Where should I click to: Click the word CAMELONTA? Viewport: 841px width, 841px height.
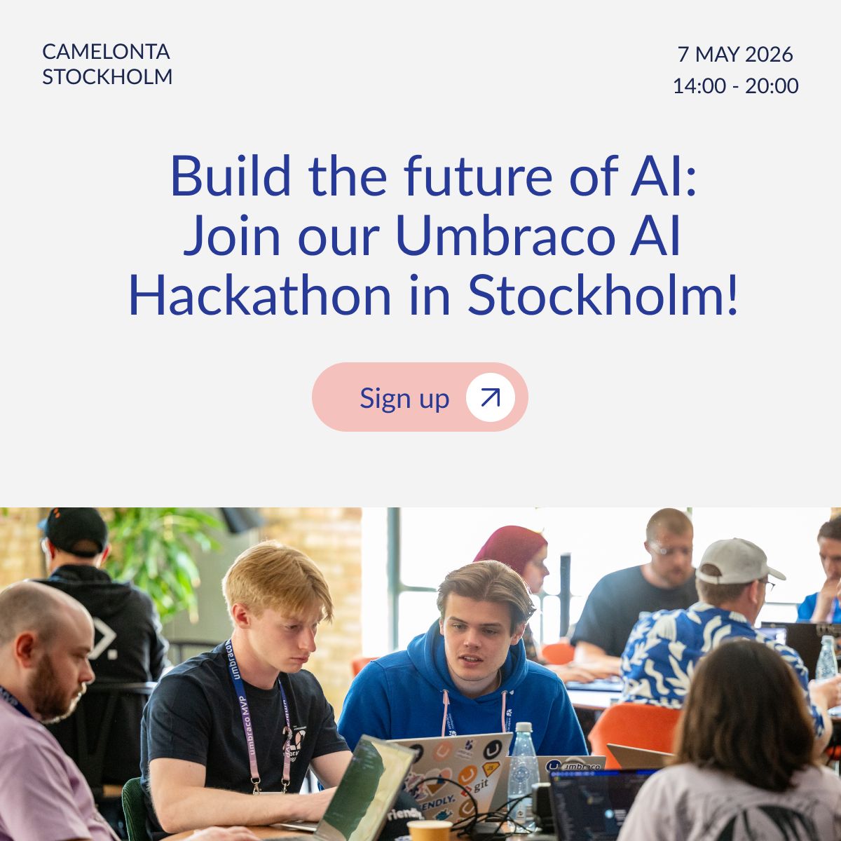pyautogui.click(x=106, y=52)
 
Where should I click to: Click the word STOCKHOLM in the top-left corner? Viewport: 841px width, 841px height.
pyautogui.click(x=107, y=77)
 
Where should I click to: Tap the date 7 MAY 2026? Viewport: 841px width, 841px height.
pyautogui.click(x=735, y=55)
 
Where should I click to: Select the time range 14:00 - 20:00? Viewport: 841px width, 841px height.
pyautogui.click(x=735, y=86)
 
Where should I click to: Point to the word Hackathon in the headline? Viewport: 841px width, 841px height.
pyautogui.click(x=260, y=294)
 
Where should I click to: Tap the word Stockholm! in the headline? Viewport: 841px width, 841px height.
pyautogui.click(x=603, y=294)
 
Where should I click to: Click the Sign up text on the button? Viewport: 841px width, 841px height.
pyautogui.click(x=404, y=398)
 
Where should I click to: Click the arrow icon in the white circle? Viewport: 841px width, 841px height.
pyautogui.click(x=491, y=397)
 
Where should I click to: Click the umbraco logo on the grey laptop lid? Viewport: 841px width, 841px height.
pyautogui.click(x=575, y=766)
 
